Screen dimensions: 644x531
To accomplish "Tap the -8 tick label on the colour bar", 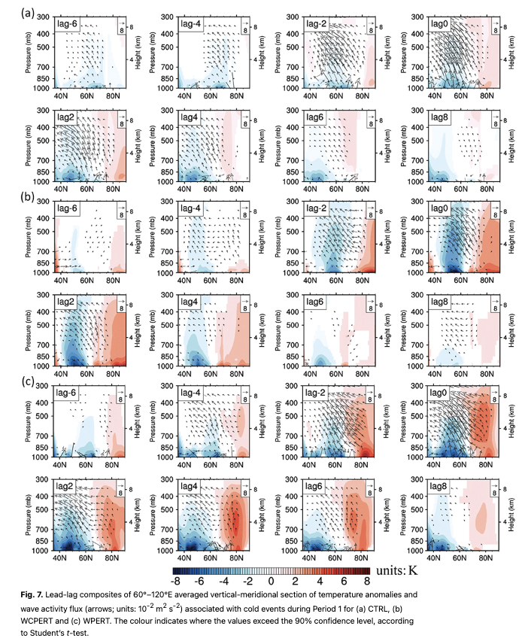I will tap(174, 581).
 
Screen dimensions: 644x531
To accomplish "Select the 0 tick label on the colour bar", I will tap(271, 581).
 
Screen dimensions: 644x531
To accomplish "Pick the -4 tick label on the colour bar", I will tap(223, 581).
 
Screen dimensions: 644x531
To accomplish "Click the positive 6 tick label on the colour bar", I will tap(343, 581).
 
